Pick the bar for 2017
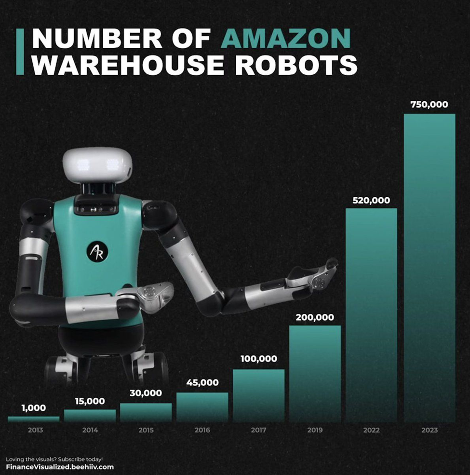click(258, 395)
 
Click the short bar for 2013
click(33, 419)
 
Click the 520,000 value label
click(371, 200)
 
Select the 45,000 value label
click(202, 383)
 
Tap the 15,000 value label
click(90, 401)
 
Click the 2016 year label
click(202, 430)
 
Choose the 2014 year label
click(90, 430)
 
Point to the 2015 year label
click(146, 430)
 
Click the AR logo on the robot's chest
click(97, 252)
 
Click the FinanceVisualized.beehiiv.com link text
click(60, 467)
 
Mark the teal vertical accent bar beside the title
click(20, 52)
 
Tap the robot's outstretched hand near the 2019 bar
click(320, 275)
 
